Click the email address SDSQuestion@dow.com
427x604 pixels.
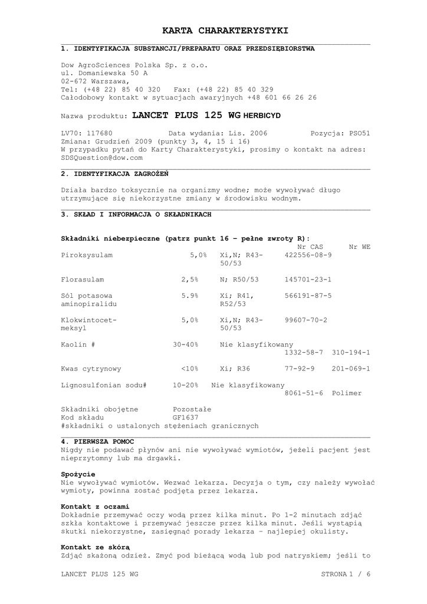tap(102, 158)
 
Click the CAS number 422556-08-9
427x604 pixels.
tap(308, 255)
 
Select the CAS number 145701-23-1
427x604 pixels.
tap(308, 279)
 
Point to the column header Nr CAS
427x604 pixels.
tap(310, 247)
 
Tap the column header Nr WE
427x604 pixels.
tap(360, 247)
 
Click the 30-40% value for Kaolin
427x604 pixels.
tap(186, 344)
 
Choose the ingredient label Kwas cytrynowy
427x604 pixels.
tap(91, 369)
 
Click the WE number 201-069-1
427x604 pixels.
tap(351, 369)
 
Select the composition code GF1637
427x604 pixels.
tap(185, 417)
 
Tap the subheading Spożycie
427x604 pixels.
tap(78, 474)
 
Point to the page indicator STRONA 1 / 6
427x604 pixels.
tap(346, 574)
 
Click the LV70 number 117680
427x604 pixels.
tap(99, 133)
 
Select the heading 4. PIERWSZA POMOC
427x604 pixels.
tap(97, 441)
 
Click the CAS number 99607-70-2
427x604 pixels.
tap(306, 320)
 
